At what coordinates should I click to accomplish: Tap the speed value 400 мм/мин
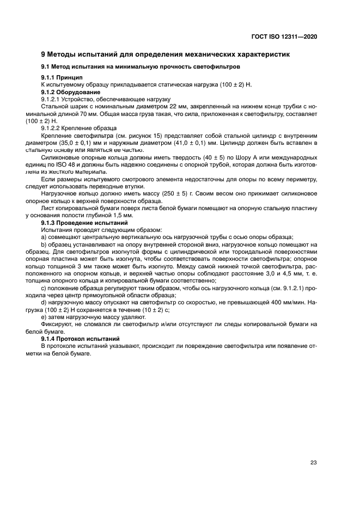[x=283, y=302]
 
